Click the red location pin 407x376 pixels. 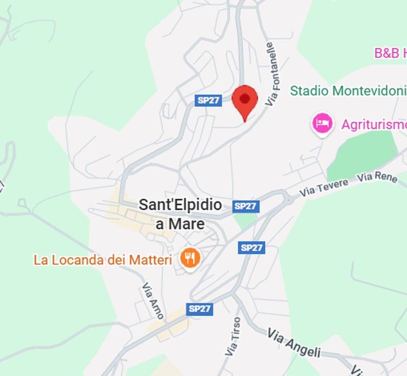(245, 100)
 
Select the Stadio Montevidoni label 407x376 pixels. (348, 91)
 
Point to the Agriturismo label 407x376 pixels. (374, 124)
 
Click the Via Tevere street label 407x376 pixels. (324, 187)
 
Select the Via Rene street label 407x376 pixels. (377, 177)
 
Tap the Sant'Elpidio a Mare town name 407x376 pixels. (180, 214)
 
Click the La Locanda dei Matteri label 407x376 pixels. (102, 260)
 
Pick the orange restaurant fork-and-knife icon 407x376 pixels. (189, 258)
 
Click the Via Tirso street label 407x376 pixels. (232, 337)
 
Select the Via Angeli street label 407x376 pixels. (294, 343)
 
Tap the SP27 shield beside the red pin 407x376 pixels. (208, 100)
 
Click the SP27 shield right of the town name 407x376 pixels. (246, 206)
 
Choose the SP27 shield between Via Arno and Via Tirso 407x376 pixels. (200, 309)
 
